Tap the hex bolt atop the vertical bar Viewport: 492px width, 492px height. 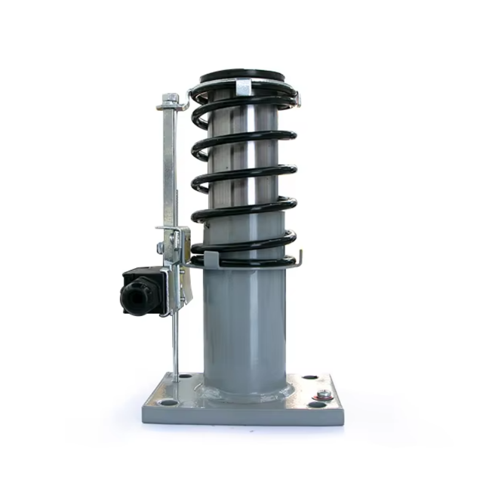171,98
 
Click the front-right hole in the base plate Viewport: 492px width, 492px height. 317,405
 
